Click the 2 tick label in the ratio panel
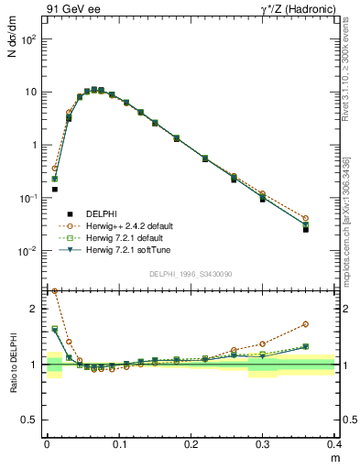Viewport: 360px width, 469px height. click(36, 309)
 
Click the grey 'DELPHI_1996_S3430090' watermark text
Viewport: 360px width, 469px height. click(191, 274)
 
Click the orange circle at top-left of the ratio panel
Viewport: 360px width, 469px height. click(55, 290)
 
